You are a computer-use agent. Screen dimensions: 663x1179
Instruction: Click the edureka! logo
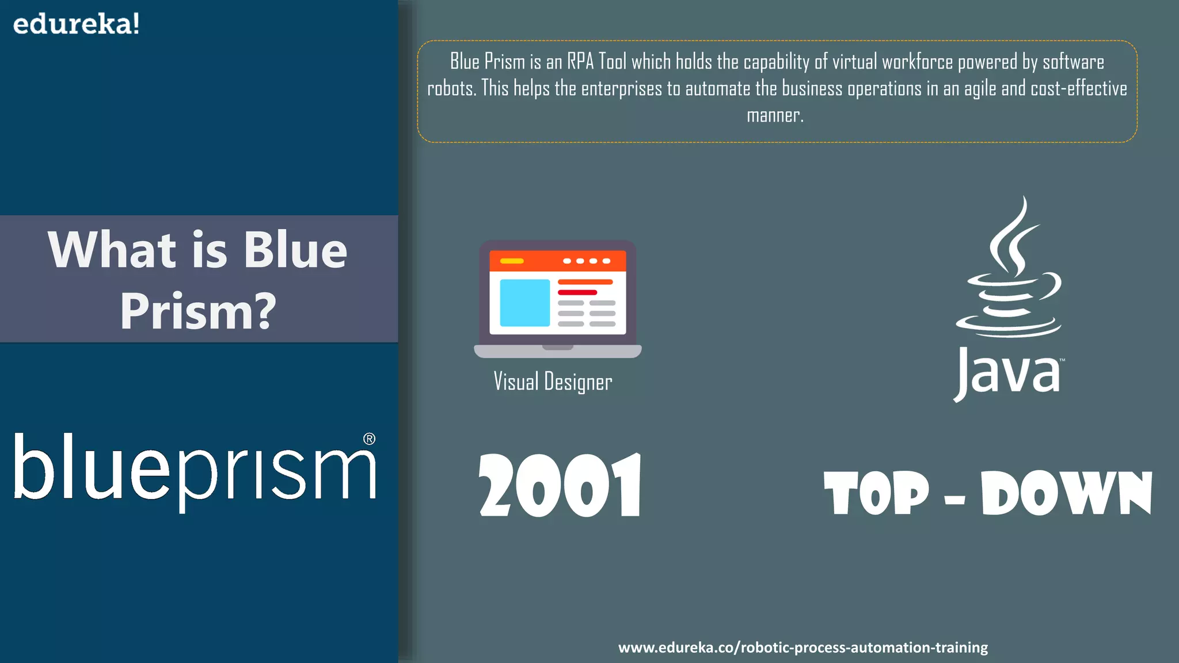[76, 24]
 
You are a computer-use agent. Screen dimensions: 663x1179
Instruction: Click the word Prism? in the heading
[198, 311]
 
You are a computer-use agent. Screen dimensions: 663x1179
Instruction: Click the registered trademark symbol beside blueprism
[370, 439]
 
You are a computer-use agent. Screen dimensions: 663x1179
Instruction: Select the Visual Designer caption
[553, 382]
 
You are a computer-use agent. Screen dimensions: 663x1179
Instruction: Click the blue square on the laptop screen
[524, 303]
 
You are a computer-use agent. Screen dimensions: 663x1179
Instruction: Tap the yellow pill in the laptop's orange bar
[512, 261]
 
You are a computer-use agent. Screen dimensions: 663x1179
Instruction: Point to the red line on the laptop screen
[577, 292]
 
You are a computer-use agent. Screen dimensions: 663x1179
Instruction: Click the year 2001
[560, 486]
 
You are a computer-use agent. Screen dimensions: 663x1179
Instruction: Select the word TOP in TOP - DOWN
[876, 493]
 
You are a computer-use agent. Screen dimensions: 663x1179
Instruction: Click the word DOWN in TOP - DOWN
[1066, 493]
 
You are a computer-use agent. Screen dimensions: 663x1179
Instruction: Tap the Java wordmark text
[1007, 373]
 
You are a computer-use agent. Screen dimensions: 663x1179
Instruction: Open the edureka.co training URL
[803, 647]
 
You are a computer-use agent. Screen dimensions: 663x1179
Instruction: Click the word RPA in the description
[580, 62]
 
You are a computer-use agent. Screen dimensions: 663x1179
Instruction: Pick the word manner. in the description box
[775, 116]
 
